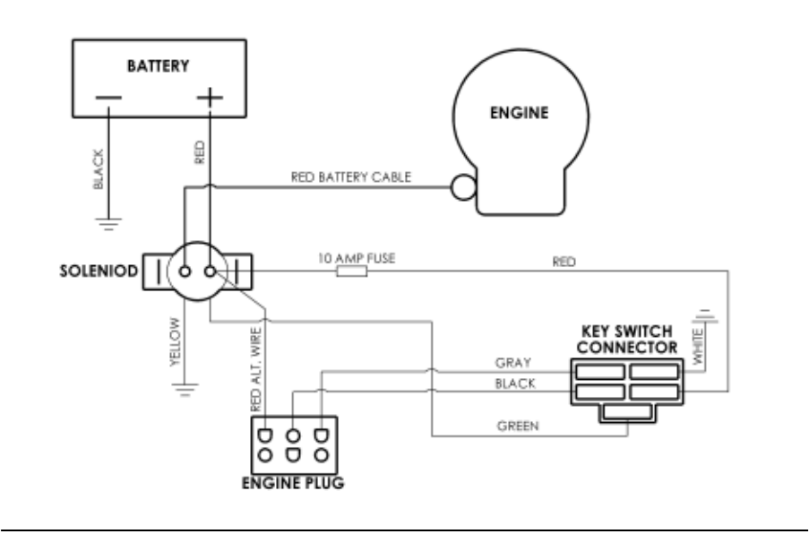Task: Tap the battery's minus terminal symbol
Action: click(109, 99)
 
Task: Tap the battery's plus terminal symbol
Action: click(210, 98)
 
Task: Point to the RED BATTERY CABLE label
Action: click(351, 177)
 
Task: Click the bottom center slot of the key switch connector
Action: click(625, 410)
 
